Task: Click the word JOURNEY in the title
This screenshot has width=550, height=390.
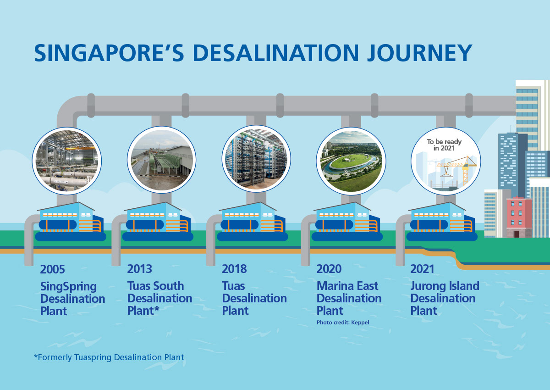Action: pyautogui.click(x=419, y=53)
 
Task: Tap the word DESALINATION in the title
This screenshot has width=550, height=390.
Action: pyautogui.click(x=276, y=53)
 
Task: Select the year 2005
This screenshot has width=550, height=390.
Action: pyautogui.click(x=53, y=269)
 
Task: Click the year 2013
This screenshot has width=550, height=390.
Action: pyautogui.click(x=139, y=269)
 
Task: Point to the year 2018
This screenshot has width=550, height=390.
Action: pyautogui.click(x=234, y=269)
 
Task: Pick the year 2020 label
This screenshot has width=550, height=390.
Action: pyautogui.click(x=329, y=269)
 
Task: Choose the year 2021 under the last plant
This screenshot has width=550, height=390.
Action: pyautogui.click(x=422, y=269)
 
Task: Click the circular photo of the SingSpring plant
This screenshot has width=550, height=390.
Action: pyautogui.click(x=67, y=161)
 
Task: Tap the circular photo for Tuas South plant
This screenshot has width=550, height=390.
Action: pyautogui.click(x=161, y=160)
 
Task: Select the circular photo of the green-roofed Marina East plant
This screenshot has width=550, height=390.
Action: pyautogui.click(x=351, y=161)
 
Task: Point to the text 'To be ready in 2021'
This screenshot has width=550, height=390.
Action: pyautogui.click(x=444, y=145)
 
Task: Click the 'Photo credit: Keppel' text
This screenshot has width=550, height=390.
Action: pyautogui.click(x=343, y=323)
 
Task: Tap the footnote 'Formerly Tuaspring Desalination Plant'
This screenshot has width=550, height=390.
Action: pyautogui.click(x=109, y=357)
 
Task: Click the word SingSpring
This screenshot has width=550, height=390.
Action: pyautogui.click(x=68, y=287)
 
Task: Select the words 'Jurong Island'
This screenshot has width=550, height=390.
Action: pyautogui.click(x=445, y=286)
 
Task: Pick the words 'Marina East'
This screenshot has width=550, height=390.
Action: pyautogui.click(x=347, y=286)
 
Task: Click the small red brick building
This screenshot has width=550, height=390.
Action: pyautogui.click(x=519, y=217)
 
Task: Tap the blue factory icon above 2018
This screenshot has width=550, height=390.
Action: pyautogui.click(x=253, y=222)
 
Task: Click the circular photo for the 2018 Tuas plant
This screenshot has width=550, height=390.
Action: pyautogui.click(x=256, y=159)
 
